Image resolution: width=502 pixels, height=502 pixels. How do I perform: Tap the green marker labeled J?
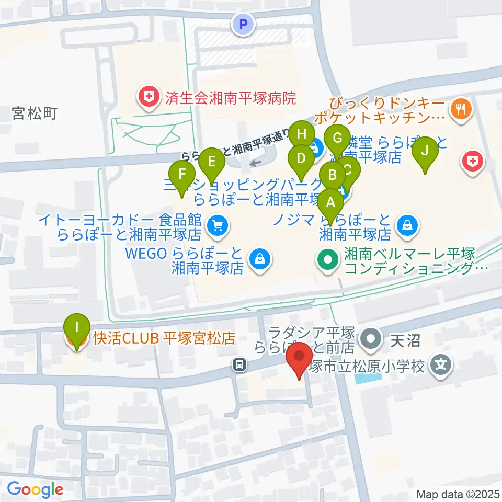[426, 151]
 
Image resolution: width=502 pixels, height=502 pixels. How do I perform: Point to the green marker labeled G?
[337, 139]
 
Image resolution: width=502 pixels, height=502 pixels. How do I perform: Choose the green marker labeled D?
[301, 158]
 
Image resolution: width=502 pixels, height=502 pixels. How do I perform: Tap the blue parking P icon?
[242, 24]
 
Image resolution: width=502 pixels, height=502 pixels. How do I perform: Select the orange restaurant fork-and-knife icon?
[461, 109]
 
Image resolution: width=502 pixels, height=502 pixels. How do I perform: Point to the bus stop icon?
[240, 364]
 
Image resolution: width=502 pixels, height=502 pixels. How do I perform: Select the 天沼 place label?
[405, 341]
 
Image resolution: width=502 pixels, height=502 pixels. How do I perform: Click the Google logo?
[35, 489]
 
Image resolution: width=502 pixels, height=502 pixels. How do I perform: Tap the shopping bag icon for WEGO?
[258, 258]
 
